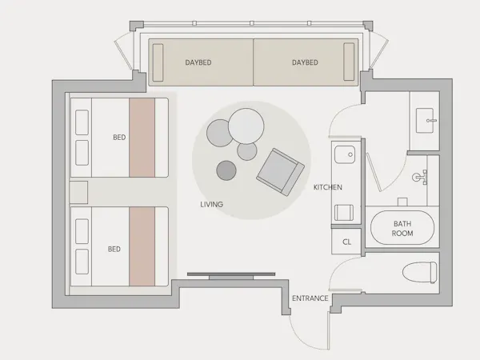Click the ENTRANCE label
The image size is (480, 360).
(x=310, y=298)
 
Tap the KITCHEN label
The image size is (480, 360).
(x=327, y=187)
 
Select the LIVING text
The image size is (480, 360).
(x=211, y=204)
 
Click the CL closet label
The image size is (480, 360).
(x=346, y=242)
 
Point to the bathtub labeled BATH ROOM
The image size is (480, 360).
(x=402, y=227)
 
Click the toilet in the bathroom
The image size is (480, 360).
(x=419, y=272)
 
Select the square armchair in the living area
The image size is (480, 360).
(x=281, y=172)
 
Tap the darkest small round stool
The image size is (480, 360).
(x=226, y=170)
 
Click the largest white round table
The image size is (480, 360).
(x=246, y=126)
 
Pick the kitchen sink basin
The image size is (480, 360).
(x=345, y=154)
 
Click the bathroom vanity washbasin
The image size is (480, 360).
(x=425, y=120)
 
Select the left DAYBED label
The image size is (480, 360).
(x=198, y=62)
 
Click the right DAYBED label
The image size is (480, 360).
(x=305, y=62)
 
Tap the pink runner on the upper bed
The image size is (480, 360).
(x=142, y=138)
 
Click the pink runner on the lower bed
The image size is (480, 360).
(x=142, y=246)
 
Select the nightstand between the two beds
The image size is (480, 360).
(x=78, y=192)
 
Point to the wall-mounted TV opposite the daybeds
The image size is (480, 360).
(x=231, y=274)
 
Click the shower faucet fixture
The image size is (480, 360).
(x=421, y=178)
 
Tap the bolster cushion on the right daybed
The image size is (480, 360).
(x=349, y=62)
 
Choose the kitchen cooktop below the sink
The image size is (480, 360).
(x=344, y=213)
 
